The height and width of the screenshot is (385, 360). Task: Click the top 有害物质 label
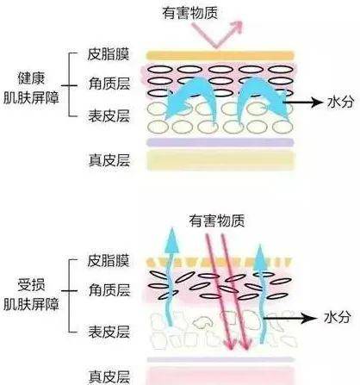tap(189, 13)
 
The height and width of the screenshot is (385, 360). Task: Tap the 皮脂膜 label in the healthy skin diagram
tap(109, 54)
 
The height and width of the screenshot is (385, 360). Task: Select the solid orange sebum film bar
tap(220, 55)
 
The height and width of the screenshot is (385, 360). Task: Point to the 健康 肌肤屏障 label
tap(31, 88)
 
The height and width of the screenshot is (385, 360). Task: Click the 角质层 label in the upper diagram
tap(109, 84)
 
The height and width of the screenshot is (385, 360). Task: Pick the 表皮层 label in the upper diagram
tap(109, 116)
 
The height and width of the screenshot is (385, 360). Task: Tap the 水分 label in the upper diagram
tap(340, 102)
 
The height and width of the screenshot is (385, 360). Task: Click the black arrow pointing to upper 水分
tap(303, 102)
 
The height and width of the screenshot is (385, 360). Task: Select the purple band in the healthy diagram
tap(220, 142)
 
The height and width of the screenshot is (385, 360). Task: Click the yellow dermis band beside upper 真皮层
tap(221, 160)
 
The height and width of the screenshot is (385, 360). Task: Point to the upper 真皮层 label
tap(109, 160)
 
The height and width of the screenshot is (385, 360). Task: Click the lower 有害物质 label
tap(217, 221)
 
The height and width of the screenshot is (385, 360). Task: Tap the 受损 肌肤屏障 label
tap(31, 295)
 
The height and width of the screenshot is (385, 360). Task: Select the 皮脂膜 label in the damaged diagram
tap(109, 261)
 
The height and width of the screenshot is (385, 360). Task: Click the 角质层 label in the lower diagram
tap(109, 290)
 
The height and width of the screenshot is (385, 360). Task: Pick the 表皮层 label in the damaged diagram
tap(109, 332)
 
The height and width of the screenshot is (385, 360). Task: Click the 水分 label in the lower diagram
tap(338, 318)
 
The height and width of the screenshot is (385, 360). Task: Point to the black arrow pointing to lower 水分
tap(291, 318)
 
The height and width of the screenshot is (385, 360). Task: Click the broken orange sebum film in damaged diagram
tap(219, 262)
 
